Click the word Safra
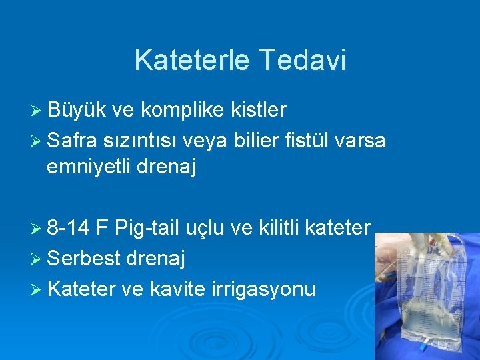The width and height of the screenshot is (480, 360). [72, 141]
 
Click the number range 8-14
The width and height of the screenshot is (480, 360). [69, 229]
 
